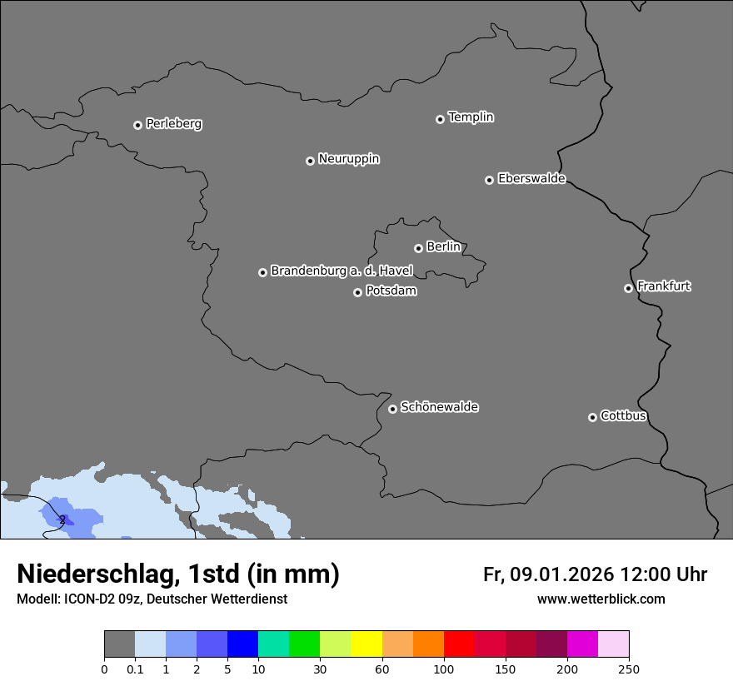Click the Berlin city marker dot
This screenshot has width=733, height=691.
click(418, 248)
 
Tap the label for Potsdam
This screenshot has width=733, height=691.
click(391, 291)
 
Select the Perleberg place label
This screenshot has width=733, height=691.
click(173, 124)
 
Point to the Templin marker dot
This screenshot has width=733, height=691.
click(440, 119)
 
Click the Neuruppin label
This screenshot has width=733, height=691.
click(348, 159)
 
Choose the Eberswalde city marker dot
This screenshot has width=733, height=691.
click(489, 180)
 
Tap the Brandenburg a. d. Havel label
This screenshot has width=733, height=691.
click(342, 271)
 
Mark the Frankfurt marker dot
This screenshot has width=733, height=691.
click(628, 288)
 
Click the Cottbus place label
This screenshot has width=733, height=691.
click(623, 415)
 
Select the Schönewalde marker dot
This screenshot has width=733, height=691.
click(392, 409)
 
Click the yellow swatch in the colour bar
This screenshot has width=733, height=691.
click(366, 644)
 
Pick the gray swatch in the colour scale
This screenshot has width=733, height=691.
click(119, 644)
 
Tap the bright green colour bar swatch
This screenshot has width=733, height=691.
click(305, 644)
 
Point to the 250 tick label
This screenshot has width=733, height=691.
click(629, 669)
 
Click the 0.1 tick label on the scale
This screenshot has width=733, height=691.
click(135, 669)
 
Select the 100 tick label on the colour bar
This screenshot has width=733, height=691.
click(444, 669)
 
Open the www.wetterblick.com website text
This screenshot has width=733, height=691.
click(601, 599)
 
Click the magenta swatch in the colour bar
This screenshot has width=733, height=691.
click(582, 644)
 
